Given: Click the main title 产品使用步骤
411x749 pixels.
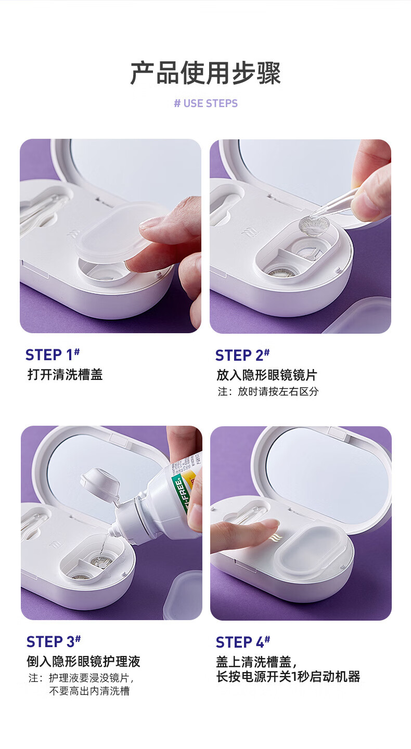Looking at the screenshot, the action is (x=205, y=73).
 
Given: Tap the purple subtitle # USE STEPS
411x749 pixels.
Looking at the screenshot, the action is (x=205, y=103).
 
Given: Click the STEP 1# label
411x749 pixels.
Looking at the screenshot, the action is (x=53, y=354).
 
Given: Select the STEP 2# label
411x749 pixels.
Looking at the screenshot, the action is (x=242, y=355).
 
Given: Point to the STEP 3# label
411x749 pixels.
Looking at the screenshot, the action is (x=54, y=641).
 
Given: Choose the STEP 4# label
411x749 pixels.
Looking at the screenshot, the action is (x=243, y=641).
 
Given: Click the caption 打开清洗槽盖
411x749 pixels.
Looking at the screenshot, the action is (x=65, y=374).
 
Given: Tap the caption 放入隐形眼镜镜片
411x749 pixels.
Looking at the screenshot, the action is (x=267, y=375).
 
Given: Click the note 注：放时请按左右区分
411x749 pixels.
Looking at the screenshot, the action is (x=268, y=391).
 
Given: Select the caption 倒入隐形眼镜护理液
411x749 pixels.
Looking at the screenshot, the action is (x=84, y=661).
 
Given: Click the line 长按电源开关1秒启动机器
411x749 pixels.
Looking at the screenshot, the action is (x=288, y=676).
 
